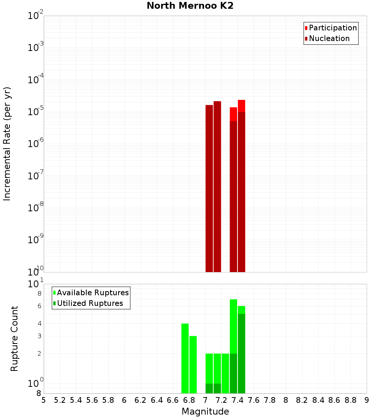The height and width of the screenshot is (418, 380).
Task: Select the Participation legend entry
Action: (x=332, y=28)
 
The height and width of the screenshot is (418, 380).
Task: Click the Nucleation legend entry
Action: (x=329, y=39)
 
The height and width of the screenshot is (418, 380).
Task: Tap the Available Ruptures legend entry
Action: (x=92, y=293)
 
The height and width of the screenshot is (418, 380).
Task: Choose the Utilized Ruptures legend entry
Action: (x=90, y=304)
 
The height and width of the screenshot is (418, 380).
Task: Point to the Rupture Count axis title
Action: (x=14, y=339)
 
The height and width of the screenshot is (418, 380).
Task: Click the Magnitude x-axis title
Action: (x=205, y=412)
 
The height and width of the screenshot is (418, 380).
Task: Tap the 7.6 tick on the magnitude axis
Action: (x=254, y=400)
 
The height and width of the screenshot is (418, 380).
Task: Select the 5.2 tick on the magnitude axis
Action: (x=60, y=400)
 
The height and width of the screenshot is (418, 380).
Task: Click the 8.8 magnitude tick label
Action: (x=350, y=400)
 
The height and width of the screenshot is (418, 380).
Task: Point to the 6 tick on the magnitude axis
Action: (x=124, y=400)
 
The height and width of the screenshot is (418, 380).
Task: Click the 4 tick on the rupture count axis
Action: (x=39, y=324)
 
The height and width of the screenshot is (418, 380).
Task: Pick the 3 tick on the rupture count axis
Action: (x=39, y=336)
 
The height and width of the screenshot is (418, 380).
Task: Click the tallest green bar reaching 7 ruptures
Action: (x=233, y=327)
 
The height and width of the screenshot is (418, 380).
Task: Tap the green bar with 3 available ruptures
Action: (x=193, y=365)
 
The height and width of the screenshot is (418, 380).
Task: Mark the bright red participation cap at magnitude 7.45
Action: (x=241, y=106)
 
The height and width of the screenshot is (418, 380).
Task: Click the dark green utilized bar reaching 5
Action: (x=241, y=353)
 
